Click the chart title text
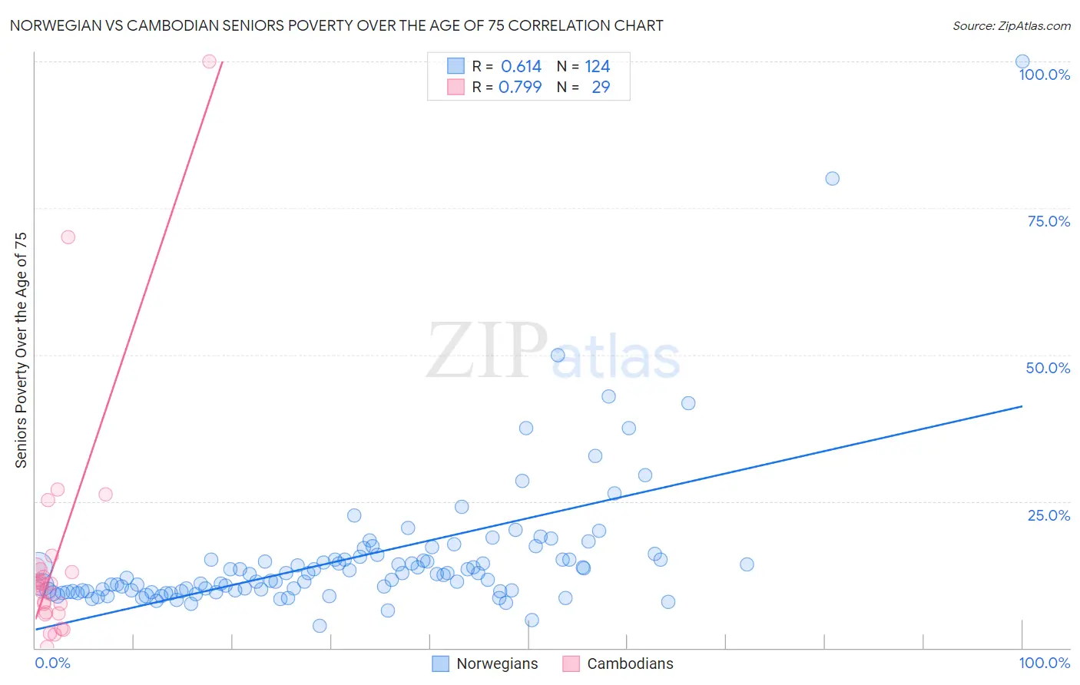pos(336,25)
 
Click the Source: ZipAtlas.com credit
pos(1011,25)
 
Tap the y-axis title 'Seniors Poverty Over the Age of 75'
pos(21,349)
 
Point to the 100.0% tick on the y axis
pos(1044,74)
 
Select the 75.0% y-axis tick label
pos(1048,221)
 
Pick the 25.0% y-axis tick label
pos(1048,515)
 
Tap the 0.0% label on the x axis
pos(52,663)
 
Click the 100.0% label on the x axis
pos(1044,663)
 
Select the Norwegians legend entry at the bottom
pos(485,663)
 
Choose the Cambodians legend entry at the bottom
pos(618,663)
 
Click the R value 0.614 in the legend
pos(521,66)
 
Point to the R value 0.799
pos(520,87)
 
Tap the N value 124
pos(597,66)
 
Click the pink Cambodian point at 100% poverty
pos(209,61)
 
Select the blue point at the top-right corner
pos(1022,61)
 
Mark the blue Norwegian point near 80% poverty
pos(832,178)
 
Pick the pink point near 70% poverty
pos(68,237)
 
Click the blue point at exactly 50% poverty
pos(558,355)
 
